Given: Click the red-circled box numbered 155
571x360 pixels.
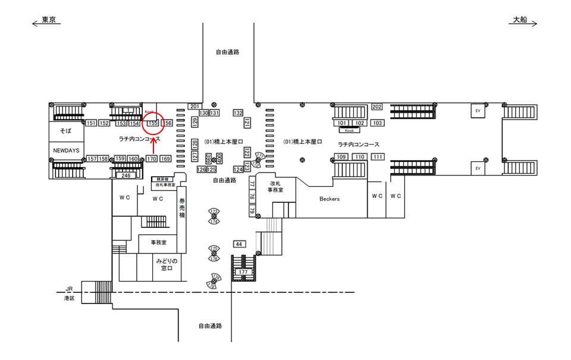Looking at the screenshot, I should click(x=152, y=123).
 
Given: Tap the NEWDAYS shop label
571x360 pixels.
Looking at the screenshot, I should click(x=66, y=151).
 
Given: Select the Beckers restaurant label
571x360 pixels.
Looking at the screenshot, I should click(x=329, y=199).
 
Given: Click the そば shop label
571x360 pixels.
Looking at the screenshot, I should click(x=65, y=130).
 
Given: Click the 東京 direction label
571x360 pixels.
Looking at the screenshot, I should click(x=49, y=20).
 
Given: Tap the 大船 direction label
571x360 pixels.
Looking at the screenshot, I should click(x=520, y=20).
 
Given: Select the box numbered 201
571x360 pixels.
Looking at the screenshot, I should click(x=194, y=106).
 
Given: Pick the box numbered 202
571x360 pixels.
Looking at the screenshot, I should click(x=377, y=107).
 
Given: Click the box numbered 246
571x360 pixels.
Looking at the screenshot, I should click(x=126, y=176).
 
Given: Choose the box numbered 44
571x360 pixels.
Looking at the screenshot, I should click(x=239, y=244).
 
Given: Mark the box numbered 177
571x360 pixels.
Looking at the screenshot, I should click(x=243, y=272).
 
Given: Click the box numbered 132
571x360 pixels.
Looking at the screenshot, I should click(x=238, y=112).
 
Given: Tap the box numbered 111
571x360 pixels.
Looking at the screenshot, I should click(x=378, y=156).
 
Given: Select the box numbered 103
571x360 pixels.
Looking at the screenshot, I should click(x=377, y=123).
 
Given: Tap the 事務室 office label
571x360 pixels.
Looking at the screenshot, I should click(x=158, y=243).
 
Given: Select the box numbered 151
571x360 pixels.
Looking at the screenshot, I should click(x=91, y=123).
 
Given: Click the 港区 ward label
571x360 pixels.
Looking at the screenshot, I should click(x=70, y=298).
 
